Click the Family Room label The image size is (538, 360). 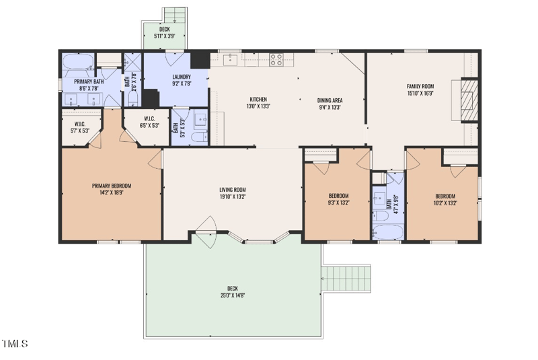point(420,87)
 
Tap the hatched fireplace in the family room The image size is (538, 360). point(469,100)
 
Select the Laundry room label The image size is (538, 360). point(182,77)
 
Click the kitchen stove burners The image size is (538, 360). point(276,59)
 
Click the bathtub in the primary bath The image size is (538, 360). point(79,61)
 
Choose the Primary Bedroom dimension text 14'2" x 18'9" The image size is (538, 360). point(112,192)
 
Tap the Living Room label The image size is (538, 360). point(233,190)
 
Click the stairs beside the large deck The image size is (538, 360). point(346,279)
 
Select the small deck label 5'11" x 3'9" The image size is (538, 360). point(165,36)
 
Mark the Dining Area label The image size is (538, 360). point(330,100)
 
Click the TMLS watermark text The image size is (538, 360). point(14,344)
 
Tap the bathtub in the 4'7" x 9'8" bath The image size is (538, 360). point(388,232)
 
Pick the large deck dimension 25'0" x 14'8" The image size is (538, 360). point(233,295)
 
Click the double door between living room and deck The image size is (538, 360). point(206,232)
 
